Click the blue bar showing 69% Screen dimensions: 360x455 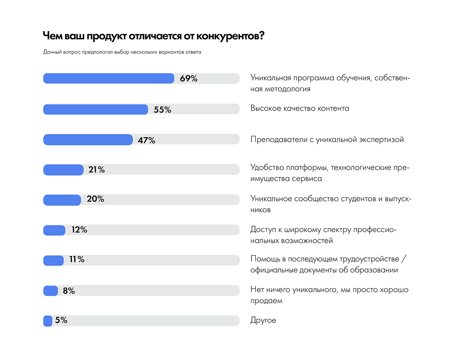pyautogui.click(x=109, y=79)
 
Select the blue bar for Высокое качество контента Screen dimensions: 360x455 pyautogui.click(x=96, y=109)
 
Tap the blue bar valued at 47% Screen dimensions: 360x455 pyautogui.click(x=88, y=140)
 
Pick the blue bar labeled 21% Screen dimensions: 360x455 pyautogui.click(x=63, y=170)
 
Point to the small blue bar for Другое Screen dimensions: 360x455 pyautogui.click(x=48, y=320)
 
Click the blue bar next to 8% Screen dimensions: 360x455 pyautogui.click(x=51, y=291)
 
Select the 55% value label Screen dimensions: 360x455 pyautogui.click(x=162, y=110)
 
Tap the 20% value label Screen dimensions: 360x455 pyautogui.click(x=95, y=199)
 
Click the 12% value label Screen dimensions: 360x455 pyautogui.click(x=79, y=230)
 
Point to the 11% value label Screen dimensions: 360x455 pyautogui.click(x=77, y=260)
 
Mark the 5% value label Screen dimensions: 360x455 pyautogui.click(x=61, y=320)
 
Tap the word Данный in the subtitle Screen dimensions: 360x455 pyautogui.click(x=52, y=52)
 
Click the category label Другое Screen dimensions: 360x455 pyautogui.click(x=263, y=320)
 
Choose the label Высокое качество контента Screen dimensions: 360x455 pyautogui.click(x=300, y=109)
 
